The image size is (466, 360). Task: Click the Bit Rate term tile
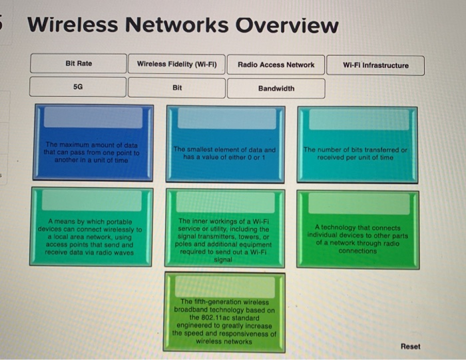point(79,64)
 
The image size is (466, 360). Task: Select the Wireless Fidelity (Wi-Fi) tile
point(176,64)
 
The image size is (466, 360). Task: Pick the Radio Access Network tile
point(276,65)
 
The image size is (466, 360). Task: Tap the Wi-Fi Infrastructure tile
point(375,65)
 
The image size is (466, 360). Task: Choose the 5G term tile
point(78,87)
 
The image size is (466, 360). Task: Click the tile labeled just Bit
point(176,88)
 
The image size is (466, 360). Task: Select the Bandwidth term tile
point(276,89)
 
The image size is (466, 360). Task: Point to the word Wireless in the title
point(74,25)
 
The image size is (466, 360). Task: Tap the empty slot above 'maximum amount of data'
point(93,118)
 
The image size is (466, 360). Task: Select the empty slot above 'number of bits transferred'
point(357,119)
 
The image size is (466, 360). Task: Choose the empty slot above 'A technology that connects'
point(358,204)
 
